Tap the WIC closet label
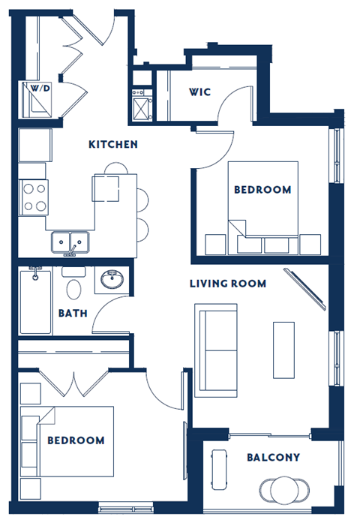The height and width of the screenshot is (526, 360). [199, 92]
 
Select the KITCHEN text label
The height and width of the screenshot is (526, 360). [112, 144]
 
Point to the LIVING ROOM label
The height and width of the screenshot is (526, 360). [228, 284]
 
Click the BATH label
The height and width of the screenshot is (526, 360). [73, 312]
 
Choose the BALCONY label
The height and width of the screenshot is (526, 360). [273, 457]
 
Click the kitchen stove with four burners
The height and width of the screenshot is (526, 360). [34, 197]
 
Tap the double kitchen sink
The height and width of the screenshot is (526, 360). [70, 242]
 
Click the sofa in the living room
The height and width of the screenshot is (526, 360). [216, 349]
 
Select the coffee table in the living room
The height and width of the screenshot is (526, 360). [283, 349]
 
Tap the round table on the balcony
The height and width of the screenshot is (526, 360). [286, 489]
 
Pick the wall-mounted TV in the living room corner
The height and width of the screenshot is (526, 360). [304, 289]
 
